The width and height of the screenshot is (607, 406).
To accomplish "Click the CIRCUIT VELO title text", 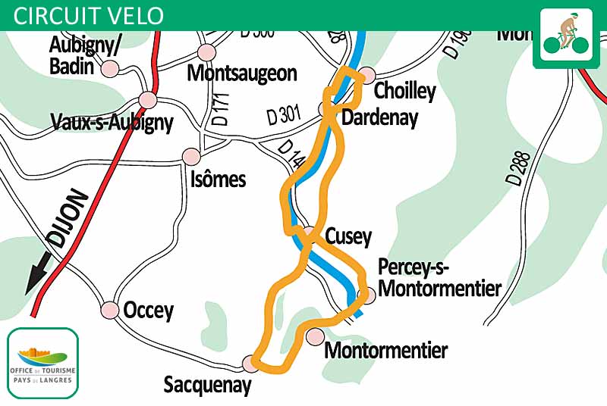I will coord(89,15).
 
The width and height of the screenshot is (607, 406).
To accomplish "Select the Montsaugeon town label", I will coord(241,73).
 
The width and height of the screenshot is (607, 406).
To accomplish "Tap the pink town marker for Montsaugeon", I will coord(206,52).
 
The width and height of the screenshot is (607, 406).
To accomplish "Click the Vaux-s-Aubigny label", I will coord(112,122).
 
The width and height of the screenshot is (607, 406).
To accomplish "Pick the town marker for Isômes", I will coord(191,156).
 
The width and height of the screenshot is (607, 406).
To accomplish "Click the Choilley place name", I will coord(405,92).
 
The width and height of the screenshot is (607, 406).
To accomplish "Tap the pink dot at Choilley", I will coord(367,75).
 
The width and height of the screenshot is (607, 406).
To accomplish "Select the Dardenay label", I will coord(379,117).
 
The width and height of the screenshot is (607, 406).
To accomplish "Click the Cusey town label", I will coord(348,236).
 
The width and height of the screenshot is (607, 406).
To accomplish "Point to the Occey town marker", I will coord(110,310).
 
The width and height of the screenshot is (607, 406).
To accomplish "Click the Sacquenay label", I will coord(207,385).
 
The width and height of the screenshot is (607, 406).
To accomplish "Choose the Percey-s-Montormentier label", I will coord(439,278).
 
